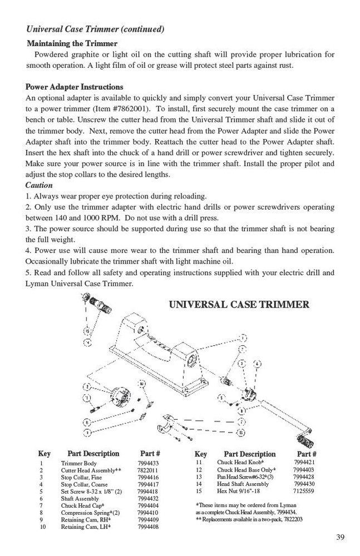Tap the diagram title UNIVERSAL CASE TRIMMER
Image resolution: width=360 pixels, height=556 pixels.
tap(239, 305)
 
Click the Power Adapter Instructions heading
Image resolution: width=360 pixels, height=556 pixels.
tap(75, 87)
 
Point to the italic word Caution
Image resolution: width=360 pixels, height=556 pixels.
tap(39, 185)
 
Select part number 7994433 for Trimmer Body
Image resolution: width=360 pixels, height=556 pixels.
tap(148, 463)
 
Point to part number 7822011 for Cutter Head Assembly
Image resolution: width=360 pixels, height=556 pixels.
tap(148, 470)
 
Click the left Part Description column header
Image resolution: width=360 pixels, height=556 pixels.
tap(93, 454)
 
